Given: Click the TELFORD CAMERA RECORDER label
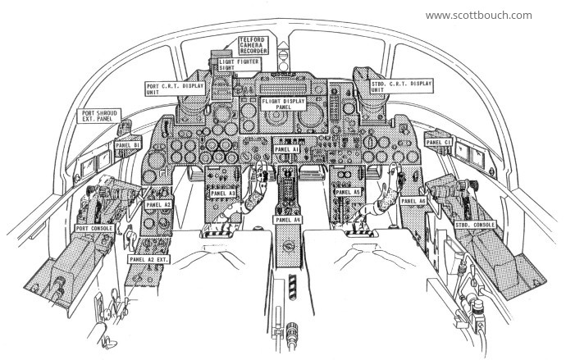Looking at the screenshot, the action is (x=253, y=46).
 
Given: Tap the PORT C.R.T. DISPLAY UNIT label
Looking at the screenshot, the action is (x=175, y=89).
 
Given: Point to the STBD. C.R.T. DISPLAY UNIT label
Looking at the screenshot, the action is (x=401, y=87).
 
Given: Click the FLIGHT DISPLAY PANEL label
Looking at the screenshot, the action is (x=283, y=104).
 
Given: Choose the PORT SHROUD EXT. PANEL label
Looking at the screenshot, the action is (x=99, y=116).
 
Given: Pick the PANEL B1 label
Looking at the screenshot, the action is (x=127, y=145).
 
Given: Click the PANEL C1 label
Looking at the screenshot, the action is (x=438, y=143).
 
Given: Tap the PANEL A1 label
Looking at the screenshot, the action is (x=286, y=149).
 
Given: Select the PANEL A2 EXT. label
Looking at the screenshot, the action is (x=148, y=259).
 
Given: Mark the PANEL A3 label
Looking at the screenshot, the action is (x=223, y=194).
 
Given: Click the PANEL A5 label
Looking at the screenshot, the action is (x=348, y=192).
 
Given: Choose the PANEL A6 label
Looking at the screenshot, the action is (x=413, y=201).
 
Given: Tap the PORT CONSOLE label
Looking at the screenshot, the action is (x=94, y=228).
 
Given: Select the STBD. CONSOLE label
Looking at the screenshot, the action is (x=474, y=225).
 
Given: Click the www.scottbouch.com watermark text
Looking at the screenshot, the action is (x=479, y=16).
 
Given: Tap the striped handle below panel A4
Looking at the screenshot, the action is (x=292, y=287).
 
